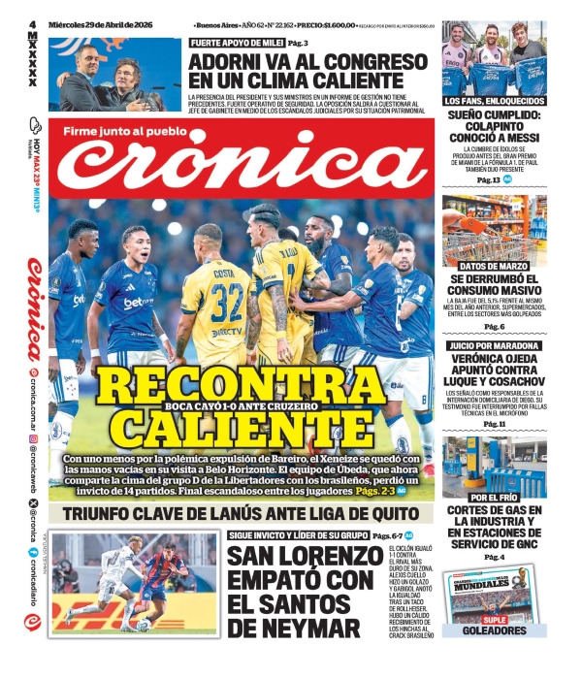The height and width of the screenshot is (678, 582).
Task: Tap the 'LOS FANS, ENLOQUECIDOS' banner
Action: (x=493, y=101)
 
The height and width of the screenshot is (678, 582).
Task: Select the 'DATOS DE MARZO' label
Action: (x=493, y=266)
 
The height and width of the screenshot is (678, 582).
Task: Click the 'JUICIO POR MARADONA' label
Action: (x=493, y=345)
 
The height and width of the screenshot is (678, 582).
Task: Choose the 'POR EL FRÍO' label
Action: (x=493, y=497)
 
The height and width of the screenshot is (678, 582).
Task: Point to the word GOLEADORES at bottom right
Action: (x=493, y=630)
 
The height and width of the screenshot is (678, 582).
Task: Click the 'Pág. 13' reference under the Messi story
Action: (x=487, y=180)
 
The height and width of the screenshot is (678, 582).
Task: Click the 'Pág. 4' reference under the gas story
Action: (x=493, y=557)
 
